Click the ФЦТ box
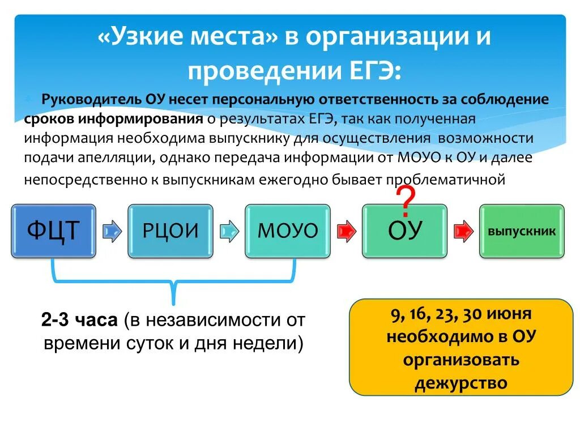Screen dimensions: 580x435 point(53,231)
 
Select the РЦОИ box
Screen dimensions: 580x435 point(170,231)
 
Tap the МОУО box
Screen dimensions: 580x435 point(287,231)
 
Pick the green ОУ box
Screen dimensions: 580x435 point(404,231)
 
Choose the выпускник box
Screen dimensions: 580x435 point(522,231)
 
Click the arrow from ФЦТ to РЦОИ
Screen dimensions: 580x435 point(112,231)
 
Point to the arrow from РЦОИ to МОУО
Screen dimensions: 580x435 point(229,231)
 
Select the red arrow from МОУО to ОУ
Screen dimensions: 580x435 point(346,231)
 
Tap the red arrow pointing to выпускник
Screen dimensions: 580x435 point(463,231)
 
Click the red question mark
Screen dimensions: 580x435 point(406,202)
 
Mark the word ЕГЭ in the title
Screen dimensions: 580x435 point(369,71)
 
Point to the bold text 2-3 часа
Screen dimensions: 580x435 point(79,320)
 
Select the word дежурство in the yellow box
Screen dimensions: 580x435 point(460,383)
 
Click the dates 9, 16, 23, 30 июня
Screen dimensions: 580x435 point(460,314)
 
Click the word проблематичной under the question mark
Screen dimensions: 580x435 point(445,180)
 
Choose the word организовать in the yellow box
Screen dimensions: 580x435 point(460,360)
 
